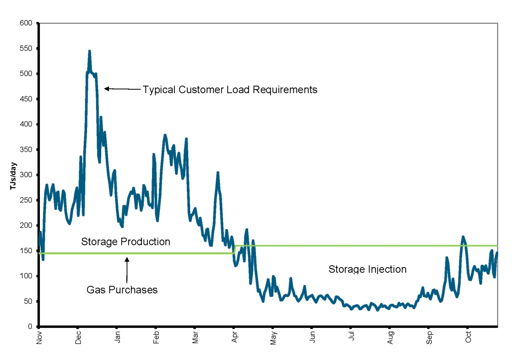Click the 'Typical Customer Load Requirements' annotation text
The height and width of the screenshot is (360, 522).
pos(230,90)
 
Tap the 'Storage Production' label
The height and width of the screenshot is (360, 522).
pos(125,241)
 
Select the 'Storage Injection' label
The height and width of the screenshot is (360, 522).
pos(367,269)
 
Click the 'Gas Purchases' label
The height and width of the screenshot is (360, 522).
pos(122,290)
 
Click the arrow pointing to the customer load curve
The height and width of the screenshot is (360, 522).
pos(122,89)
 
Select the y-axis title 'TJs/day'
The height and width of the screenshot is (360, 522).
pos(14,175)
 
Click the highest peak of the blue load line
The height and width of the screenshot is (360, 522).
pos(89,51)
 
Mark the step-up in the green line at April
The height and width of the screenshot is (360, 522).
pos(234,249)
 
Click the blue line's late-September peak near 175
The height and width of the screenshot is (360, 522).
pos(463,237)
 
